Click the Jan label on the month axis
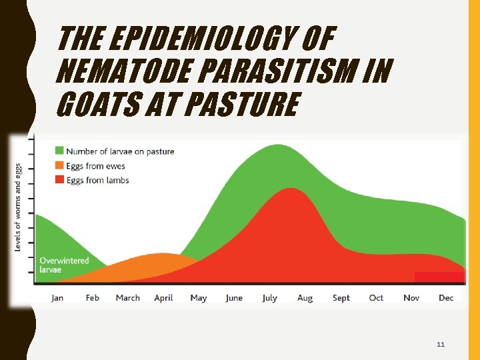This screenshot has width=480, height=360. point(57,298)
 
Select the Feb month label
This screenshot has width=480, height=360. point(92,298)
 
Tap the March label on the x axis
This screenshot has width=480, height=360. point(128,298)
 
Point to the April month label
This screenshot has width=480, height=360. point(163,298)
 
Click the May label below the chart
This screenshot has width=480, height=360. point(198,298)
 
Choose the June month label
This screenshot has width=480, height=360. point(234,298)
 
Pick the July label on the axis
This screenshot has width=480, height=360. point(269,298)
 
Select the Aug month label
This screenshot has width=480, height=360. point(305,298)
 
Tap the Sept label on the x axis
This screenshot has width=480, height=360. point(341,298)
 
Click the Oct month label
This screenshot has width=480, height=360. point(376,298)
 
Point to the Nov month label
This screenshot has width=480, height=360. point(411,298)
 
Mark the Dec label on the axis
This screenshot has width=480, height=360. point(446,298)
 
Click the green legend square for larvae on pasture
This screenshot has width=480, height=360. point(59,151)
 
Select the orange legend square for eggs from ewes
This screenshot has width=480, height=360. point(59,166)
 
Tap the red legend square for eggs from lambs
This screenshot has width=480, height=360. point(59,180)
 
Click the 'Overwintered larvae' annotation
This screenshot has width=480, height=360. point(64,265)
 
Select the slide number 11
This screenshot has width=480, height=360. point(440,345)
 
